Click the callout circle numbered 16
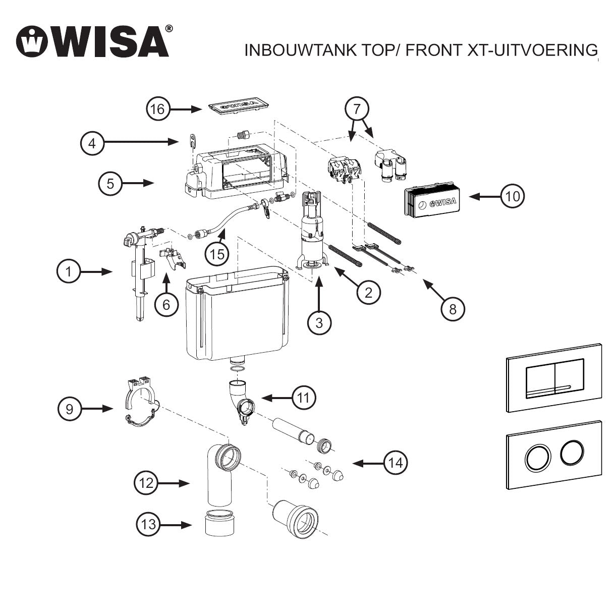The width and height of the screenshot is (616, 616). click(x=158, y=109)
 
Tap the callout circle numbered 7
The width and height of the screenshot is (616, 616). click(x=357, y=108)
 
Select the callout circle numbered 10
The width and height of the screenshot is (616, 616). click(x=512, y=196)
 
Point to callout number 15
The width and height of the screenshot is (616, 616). click(x=217, y=254)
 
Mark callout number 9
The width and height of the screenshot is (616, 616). click(x=70, y=409)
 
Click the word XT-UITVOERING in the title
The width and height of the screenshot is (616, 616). click(x=540, y=50)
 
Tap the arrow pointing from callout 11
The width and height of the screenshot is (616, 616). click(x=275, y=398)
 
